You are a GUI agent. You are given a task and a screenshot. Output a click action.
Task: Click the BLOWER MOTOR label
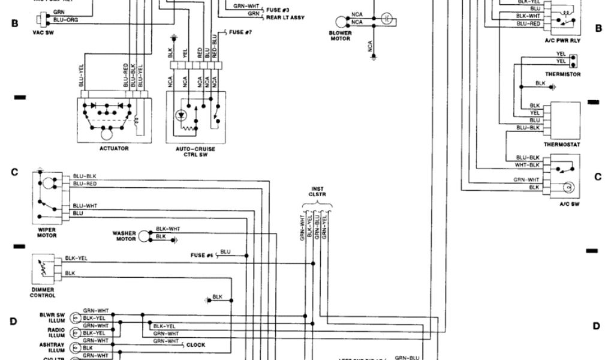click(339, 37)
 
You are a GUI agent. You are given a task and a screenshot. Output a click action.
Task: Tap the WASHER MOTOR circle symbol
click(143, 236)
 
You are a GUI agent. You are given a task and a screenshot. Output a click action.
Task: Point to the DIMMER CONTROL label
click(43, 292)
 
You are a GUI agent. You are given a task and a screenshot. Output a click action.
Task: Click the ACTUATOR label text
click(114, 148)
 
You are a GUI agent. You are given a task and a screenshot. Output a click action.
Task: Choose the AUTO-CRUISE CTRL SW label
click(196, 151)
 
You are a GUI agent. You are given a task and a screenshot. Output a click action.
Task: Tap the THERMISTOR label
click(562, 74)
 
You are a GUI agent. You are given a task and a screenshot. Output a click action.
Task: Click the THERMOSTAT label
click(561, 145)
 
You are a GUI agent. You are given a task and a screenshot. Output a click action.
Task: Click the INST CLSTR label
click(317, 191)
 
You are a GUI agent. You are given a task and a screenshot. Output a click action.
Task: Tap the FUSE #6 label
click(202, 255)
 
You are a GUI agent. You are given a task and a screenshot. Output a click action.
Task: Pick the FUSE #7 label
click(239, 31)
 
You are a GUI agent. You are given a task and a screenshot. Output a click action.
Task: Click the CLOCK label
click(195, 345)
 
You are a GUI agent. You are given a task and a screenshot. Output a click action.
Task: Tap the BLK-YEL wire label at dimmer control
click(76, 258)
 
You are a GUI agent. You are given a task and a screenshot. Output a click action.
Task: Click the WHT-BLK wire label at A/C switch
click(528, 164)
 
